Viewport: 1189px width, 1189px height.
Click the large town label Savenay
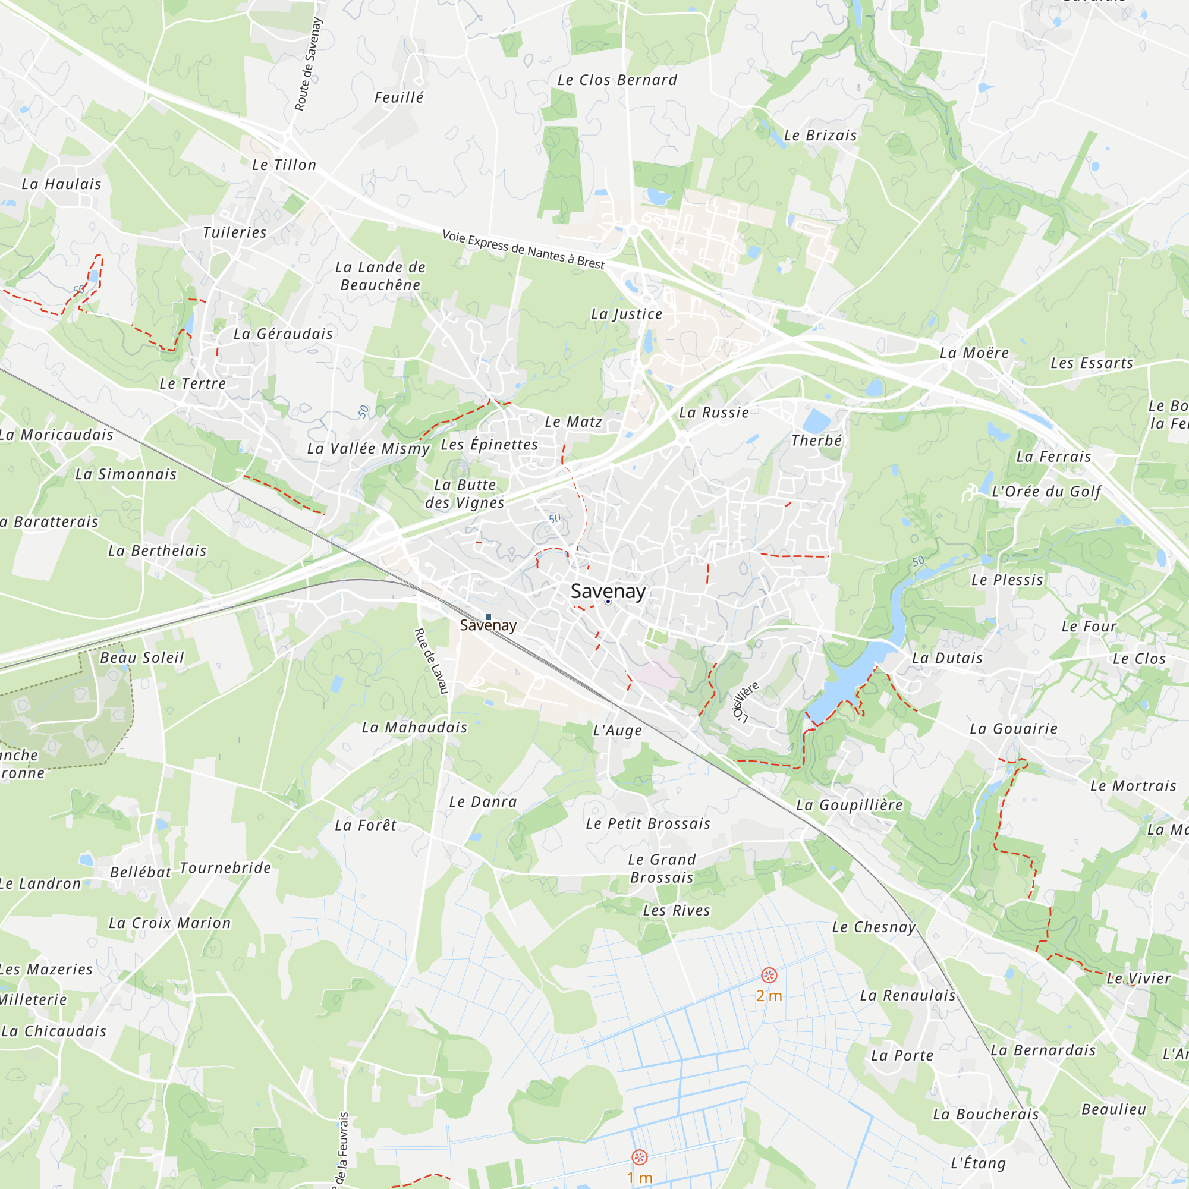(x=608, y=592)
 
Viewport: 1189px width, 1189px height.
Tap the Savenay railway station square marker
(x=488, y=616)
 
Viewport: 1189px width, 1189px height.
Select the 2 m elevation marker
(x=769, y=975)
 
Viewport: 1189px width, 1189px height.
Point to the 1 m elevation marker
(x=640, y=1157)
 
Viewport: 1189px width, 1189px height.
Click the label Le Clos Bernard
(x=616, y=81)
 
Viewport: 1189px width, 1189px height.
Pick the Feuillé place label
(x=399, y=97)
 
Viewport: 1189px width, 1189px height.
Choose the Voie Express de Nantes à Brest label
(x=523, y=250)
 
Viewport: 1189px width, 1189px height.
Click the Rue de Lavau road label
(x=431, y=661)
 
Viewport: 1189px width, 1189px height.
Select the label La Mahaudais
(x=414, y=728)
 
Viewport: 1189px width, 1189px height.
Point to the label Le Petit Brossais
(x=647, y=823)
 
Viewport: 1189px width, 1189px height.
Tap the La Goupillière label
(x=850, y=805)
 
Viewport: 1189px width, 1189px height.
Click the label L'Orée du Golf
(x=1046, y=492)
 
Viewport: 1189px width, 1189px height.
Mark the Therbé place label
(x=816, y=441)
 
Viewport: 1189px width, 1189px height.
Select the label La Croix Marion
(x=169, y=923)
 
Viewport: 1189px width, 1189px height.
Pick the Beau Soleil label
(x=141, y=658)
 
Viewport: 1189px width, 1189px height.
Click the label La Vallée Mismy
(x=368, y=449)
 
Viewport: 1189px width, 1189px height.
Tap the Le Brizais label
(x=820, y=136)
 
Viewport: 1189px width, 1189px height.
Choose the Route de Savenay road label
(x=309, y=65)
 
